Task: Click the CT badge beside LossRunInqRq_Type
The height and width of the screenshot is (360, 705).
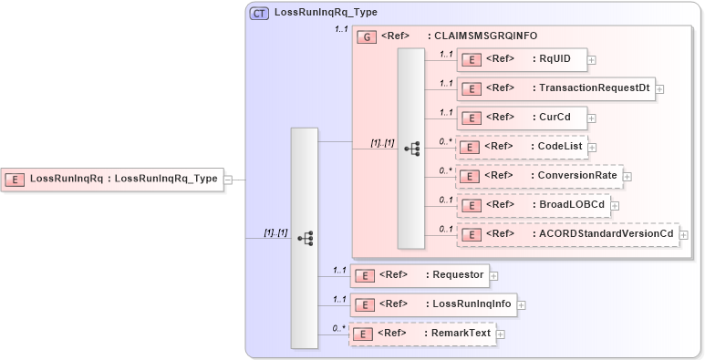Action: tap(259, 13)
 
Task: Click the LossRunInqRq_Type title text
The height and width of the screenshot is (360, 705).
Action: tap(326, 13)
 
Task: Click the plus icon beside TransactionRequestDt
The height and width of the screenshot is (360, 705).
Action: tap(659, 88)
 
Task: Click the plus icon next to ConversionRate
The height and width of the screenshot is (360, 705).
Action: tap(627, 176)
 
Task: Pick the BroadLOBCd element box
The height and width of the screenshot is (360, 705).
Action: tap(534, 205)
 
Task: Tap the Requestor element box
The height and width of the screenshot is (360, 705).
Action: tap(420, 273)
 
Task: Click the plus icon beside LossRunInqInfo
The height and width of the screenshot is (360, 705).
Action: tap(522, 303)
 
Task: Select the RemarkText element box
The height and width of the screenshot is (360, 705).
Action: tap(423, 334)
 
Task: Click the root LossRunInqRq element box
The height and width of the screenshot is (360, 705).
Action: tap(114, 179)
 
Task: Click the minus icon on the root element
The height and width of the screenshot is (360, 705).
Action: tap(228, 180)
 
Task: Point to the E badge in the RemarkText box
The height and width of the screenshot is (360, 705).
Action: tap(363, 334)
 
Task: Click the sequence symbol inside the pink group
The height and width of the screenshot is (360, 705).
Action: tap(410, 149)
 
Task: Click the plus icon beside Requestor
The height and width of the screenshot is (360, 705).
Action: tap(493, 273)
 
